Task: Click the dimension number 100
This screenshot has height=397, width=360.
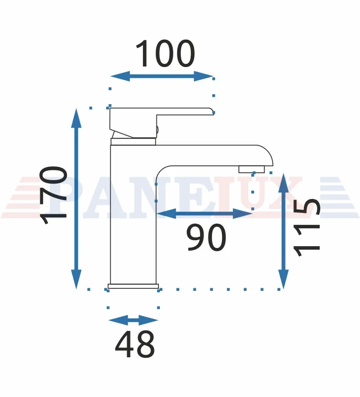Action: pos(165,54)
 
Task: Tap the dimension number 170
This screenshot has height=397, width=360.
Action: pos(54,195)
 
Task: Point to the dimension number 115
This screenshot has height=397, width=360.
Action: pos(306,227)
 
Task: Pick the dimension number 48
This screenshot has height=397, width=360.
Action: pos(135,344)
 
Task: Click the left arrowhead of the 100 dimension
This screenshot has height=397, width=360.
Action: pos(120,76)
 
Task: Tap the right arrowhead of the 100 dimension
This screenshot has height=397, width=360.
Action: pos(204,76)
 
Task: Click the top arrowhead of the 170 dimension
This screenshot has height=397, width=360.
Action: pos(76,118)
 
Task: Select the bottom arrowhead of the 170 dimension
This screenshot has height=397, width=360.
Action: pos(76,279)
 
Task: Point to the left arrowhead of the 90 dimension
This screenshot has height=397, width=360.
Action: pos(166,214)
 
